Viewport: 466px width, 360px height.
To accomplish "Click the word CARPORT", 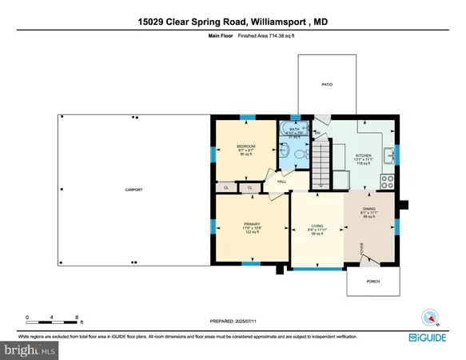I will (133, 190).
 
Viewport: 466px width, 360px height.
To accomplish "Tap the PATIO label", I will (327, 84).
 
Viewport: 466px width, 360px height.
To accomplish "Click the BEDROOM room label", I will (245, 146).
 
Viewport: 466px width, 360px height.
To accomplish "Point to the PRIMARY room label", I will (252, 225).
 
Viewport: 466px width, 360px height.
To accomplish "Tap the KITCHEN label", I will (364, 155).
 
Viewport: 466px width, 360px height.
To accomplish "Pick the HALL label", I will (281, 182).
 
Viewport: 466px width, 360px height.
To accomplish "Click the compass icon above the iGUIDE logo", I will (431, 318).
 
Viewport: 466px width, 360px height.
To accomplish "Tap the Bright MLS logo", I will (30, 349).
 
